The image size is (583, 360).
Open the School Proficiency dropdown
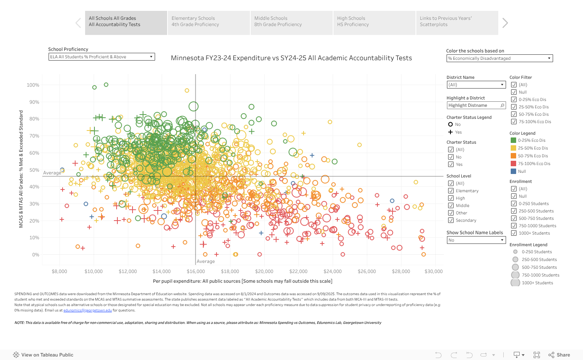point(101,57)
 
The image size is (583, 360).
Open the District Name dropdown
point(476,85)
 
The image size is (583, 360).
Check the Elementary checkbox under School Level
point(451,191)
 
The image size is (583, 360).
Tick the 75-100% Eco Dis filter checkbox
point(514,122)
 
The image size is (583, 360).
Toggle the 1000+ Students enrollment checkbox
point(514,233)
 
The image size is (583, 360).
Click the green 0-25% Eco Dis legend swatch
point(513,141)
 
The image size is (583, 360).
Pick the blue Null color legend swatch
point(513,172)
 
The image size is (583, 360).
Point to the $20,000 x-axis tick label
point(264,272)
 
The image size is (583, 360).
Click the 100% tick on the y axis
point(33,85)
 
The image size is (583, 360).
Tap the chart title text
point(291,58)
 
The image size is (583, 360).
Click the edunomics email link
point(87,311)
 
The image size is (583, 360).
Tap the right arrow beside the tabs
point(505,23)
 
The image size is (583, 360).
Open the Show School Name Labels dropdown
point(476,240)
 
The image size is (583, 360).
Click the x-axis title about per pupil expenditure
point(243,282)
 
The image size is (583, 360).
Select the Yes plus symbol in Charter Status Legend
point(450,132)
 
